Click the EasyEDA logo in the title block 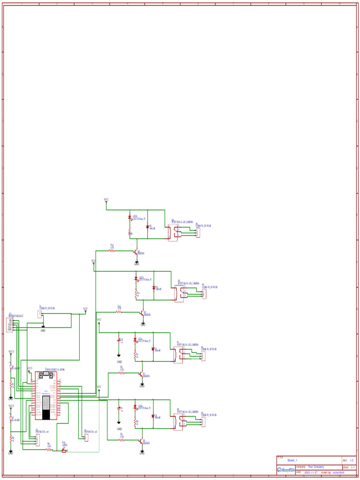point(286,470)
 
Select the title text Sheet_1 point(292,461)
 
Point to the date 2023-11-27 point(311,472)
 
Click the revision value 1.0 point(352,461)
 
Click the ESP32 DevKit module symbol point(46,396)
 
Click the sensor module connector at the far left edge point(9,324)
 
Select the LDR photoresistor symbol point(64,450)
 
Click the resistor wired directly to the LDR point(49,450)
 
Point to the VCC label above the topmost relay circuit point(106,200)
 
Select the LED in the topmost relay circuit point(130,218)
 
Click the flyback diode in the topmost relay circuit point(148,227)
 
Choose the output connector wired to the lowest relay point(203,422)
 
